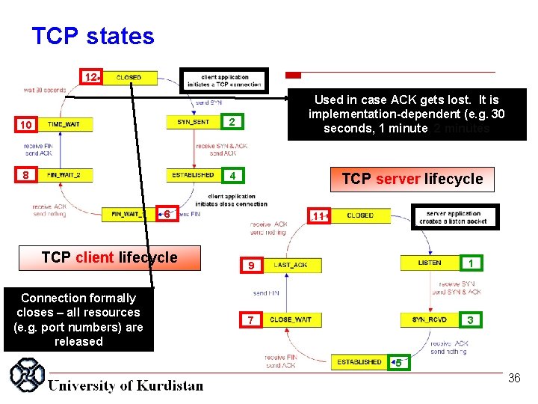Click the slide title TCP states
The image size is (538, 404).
pos(93,36)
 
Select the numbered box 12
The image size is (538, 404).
pos(90,77)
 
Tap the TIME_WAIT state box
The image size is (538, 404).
pos(64,124)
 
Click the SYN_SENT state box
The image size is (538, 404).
pos(193,122)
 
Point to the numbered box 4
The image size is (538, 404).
pos(233,176)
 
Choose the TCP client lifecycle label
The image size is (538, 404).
pos(110,258)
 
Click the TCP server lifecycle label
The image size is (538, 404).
pos(412,179)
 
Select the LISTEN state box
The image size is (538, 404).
pos(430,263)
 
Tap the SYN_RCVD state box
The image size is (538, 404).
pos(430,319)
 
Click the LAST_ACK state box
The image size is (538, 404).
pos(291,265)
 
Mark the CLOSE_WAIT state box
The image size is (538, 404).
pos(291,319)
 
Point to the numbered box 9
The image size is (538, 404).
pos(251,266)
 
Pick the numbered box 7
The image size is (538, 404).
pos(251,320)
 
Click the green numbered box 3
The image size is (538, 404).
pos(470,320)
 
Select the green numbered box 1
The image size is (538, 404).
pos(470,263)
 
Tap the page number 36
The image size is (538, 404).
pos(514,379)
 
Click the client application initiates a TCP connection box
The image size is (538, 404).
pos(225,81)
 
